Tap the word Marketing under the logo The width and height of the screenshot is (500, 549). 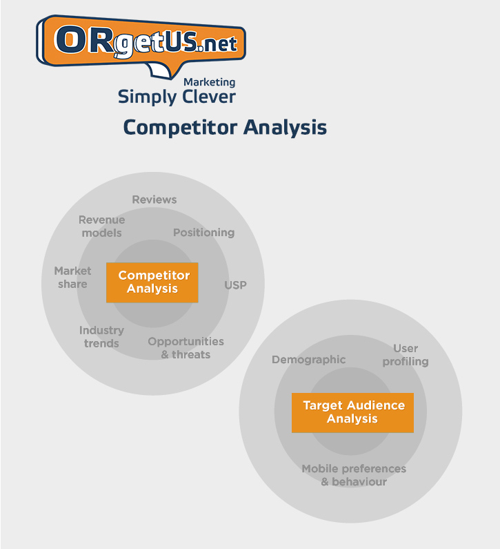[210, 83]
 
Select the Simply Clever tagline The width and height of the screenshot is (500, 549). [177, 97]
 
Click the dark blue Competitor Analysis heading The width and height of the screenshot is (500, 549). [225, 128]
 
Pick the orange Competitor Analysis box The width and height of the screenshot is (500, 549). [152, 282]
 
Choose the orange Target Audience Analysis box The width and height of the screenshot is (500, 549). [352, 412]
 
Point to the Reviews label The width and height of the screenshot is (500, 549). [154, 200]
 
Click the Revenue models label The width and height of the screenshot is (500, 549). [102, 227]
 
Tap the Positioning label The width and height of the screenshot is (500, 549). [204, 233]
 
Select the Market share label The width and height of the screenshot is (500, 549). [72, 278]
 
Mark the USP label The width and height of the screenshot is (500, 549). [235, 285]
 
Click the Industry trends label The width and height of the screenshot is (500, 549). [101, 336]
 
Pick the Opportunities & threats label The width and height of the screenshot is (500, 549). [186, 347]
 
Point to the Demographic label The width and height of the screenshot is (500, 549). [308, 360]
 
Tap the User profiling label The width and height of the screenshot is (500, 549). [406, 355]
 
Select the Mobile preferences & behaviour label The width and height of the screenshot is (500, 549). [354, 475]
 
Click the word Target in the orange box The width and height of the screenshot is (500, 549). [322, 406]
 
